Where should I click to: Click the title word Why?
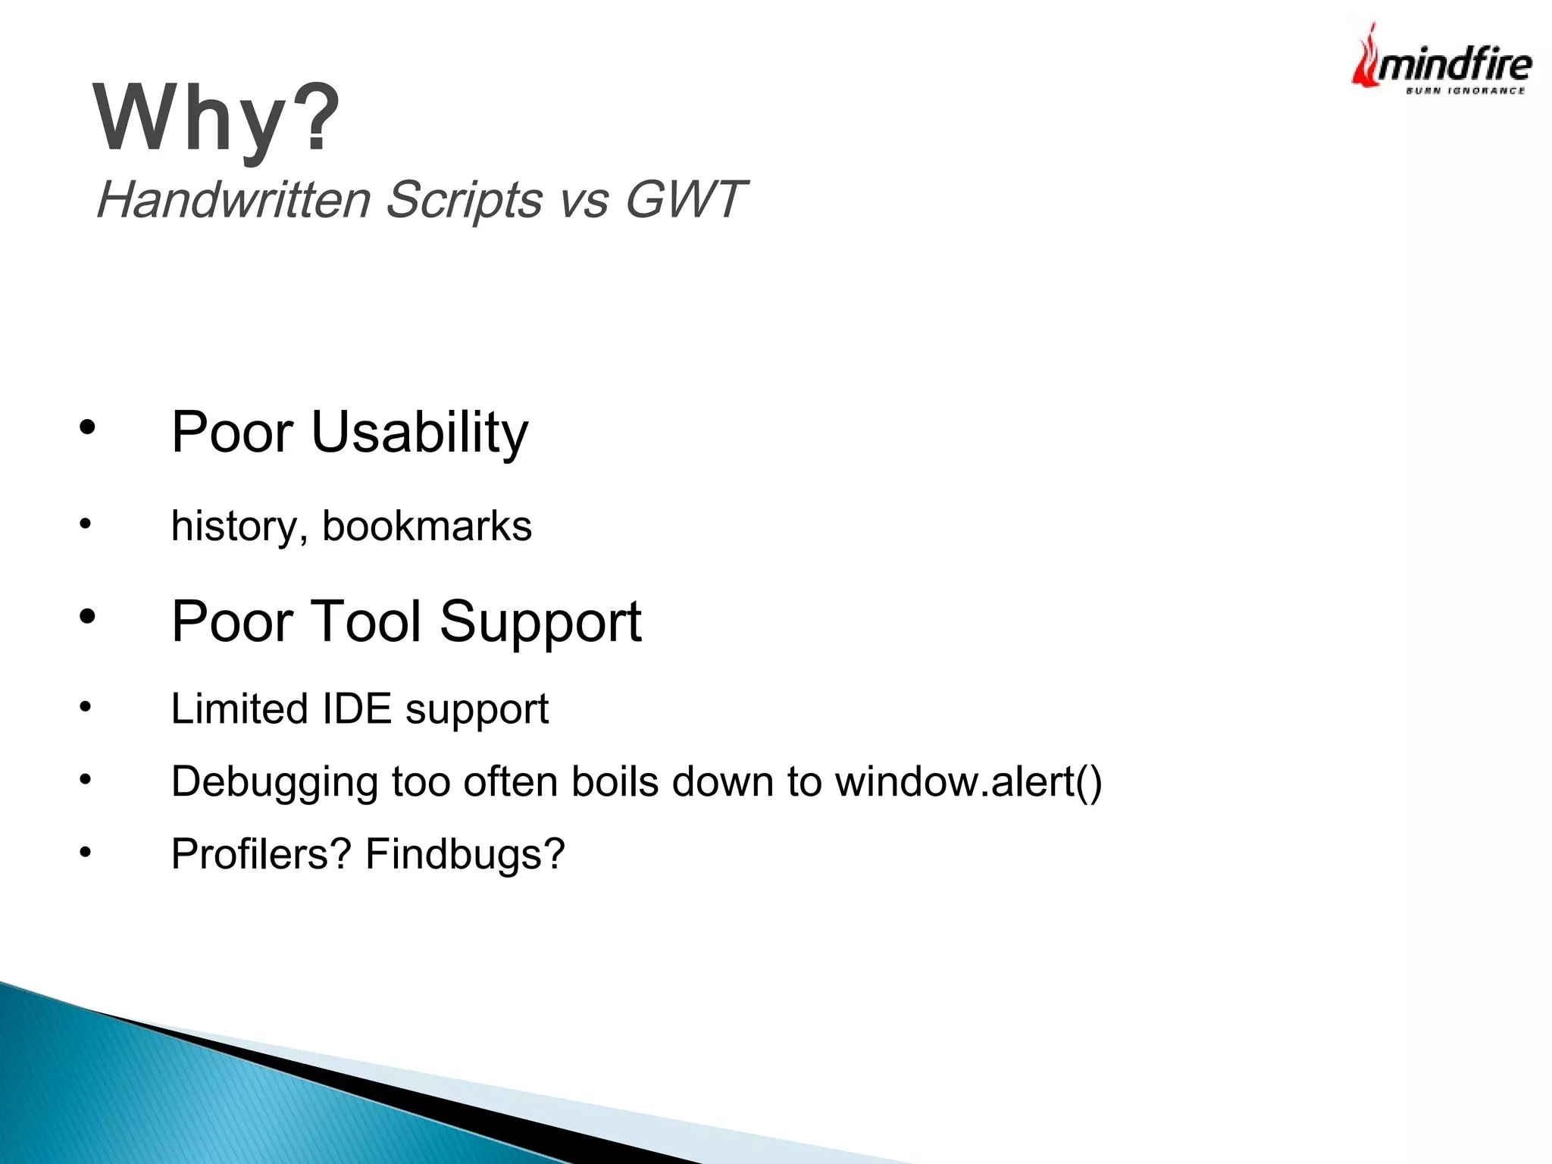coord(217,118)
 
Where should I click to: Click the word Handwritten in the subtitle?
coord(233,200)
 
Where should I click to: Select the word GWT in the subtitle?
coord(685,200)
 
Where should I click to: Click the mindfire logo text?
coord(1453,65)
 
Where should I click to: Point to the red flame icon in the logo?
coord(1366,61)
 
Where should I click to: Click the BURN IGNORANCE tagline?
coord(1465,91)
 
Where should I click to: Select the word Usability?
coord(419,433)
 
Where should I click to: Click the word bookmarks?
coord(427,526)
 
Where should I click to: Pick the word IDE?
coord(356,709)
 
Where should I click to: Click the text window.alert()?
coord(968,782)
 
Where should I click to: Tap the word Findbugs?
coord(465,855)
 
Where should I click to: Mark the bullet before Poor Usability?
coord(87,428)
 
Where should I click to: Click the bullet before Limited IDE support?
coord(86,708)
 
